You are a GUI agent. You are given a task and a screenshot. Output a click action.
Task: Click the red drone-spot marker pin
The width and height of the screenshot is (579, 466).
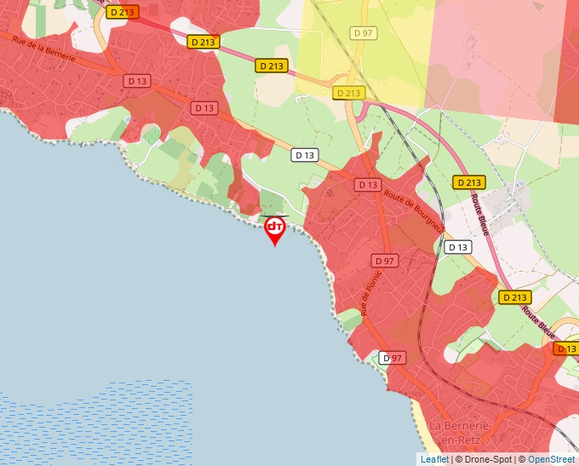(275, 229)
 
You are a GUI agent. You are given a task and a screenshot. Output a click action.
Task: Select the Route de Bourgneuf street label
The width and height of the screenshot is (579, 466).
(414, 210)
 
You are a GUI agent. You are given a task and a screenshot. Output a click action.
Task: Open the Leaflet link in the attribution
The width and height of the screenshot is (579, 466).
(434, 459)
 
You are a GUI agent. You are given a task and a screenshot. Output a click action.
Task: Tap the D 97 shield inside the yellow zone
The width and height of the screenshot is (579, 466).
(363, 32)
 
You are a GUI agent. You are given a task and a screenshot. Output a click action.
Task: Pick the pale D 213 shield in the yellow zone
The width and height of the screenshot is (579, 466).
(349, 93)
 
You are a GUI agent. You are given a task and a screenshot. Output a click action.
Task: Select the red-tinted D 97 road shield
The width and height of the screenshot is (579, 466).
(385, 260)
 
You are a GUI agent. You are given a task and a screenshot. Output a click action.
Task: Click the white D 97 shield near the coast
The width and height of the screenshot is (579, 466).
(392, 358)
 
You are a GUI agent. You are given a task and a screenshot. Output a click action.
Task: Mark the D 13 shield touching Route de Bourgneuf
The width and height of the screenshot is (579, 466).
(368, 184)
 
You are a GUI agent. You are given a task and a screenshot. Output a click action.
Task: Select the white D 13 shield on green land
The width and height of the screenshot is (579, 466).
(305, 155)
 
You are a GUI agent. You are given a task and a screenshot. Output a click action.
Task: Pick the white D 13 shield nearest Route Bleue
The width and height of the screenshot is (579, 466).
(457, 247)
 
